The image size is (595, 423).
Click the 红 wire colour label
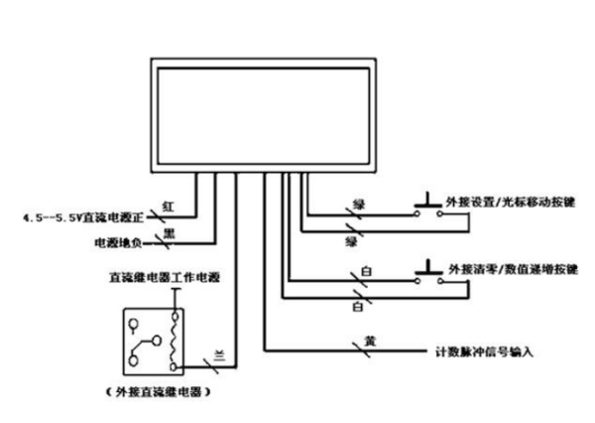pos(169,206)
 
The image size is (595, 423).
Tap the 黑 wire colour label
pos(169,231)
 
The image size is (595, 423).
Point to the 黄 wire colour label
pos(368,341)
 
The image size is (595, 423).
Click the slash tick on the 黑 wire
pos(187,239)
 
